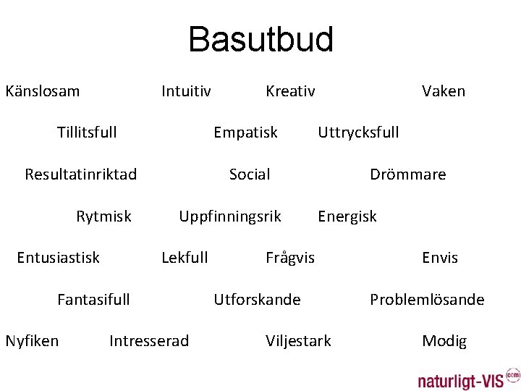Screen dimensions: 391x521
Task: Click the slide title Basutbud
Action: [x=260, y=40]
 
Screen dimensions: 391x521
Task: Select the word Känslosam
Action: [x=43, y=91]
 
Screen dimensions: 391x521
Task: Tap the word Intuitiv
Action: [x=186, y=91]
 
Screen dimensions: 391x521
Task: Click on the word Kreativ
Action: [x=290, y=91]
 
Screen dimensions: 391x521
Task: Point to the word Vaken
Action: [x=444, y=91]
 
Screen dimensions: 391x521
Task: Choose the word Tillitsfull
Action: [x=87, y=133]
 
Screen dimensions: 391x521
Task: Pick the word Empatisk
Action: [x=245, y=133]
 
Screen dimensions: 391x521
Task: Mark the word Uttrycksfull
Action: [x=358, y=133]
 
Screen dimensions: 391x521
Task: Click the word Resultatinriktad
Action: [x=80, y=175]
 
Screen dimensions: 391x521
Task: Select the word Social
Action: [x=250, y=175]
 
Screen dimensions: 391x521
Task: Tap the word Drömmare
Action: [x=407, y=175]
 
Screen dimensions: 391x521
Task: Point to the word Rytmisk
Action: [x=103, y=216]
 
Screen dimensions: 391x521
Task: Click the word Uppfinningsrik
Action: [x=230, y=216]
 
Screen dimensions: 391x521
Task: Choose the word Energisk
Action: [x=347, y=216]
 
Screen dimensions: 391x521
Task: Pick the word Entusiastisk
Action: [x=59, y=258]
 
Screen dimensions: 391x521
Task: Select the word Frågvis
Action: [x=290, y=258]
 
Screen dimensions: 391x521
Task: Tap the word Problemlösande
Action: [x=427, y=300]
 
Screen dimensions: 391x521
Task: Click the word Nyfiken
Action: [x=32, y=341]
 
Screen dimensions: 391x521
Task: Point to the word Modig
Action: [x=444, y=341]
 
